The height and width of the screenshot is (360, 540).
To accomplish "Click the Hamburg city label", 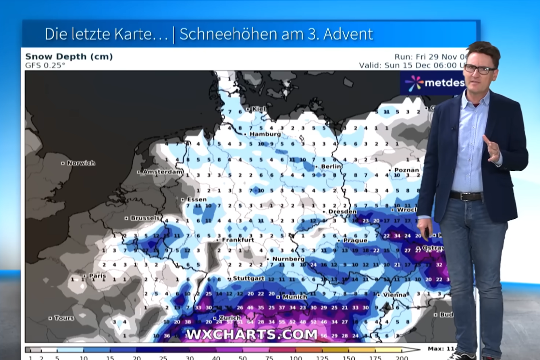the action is coord(265,134).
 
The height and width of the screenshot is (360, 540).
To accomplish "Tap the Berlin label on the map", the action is coord(331,167).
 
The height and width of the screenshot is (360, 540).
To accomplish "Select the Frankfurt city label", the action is coord(238,240).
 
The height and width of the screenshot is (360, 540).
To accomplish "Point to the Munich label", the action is coord(294,297).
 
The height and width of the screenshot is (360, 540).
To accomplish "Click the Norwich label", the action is coord(81,163).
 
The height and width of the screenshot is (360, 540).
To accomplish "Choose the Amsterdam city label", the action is coord(163,172).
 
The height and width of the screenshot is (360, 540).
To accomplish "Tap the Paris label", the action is coord(97,276).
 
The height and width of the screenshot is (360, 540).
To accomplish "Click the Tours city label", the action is coord(64,318).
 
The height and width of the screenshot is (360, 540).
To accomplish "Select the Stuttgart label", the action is coord(248,278).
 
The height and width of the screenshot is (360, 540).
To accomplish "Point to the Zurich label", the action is coord(230,318).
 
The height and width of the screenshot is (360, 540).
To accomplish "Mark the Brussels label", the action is coord(145,218).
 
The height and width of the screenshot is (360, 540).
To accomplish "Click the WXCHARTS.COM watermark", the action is coord(252,334).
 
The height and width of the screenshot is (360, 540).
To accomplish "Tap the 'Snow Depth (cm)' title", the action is coord(69,57).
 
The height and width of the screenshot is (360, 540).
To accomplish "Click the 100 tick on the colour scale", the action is coord(296,357).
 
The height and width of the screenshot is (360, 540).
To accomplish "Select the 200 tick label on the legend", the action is coord(402,357).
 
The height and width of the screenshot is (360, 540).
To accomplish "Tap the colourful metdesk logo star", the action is coord(414,83).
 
